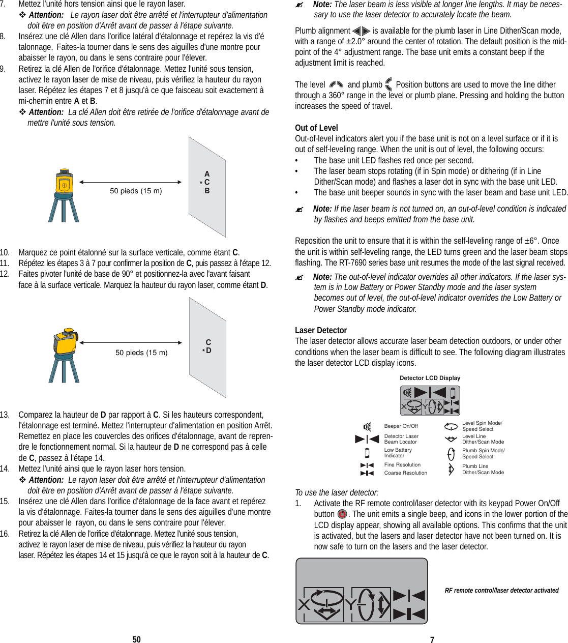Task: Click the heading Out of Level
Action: [x=316, y=128]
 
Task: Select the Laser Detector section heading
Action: [x=321, y=330]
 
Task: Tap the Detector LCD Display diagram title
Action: [x=430, y=378]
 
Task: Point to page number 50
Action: [x=136, y=639]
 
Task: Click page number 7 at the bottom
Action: [x=432, y=640]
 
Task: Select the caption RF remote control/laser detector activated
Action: [x=501, y=591]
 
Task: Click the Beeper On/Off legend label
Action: [x=401, y=426]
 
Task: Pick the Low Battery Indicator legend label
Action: [x=398, y=453]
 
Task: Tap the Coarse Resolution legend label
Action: [x=405, y=473]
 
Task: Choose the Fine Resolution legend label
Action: [x=402, y=465]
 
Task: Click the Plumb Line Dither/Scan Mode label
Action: [x=483, y=470]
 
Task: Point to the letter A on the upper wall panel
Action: [x=207, y=174]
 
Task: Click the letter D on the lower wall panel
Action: [x=208, y=350]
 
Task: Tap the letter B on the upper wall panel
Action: [x=207, y=191]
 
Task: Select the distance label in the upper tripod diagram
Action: [x=136, y=191]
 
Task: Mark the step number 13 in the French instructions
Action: [x=5, y=415]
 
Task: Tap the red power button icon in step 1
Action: [x=342, y=514]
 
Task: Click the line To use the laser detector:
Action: [x=337, y=492]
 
